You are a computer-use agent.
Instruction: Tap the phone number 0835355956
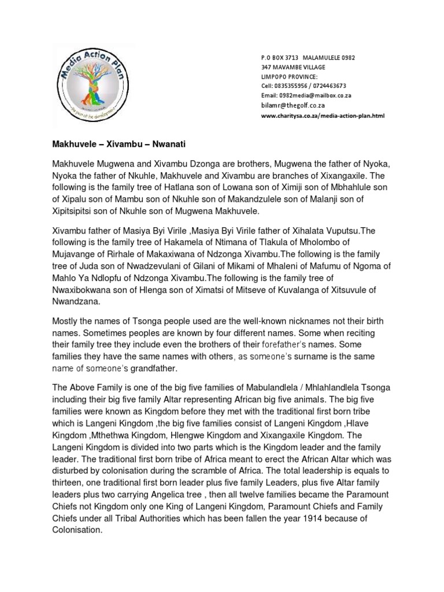(x=291, y=86)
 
